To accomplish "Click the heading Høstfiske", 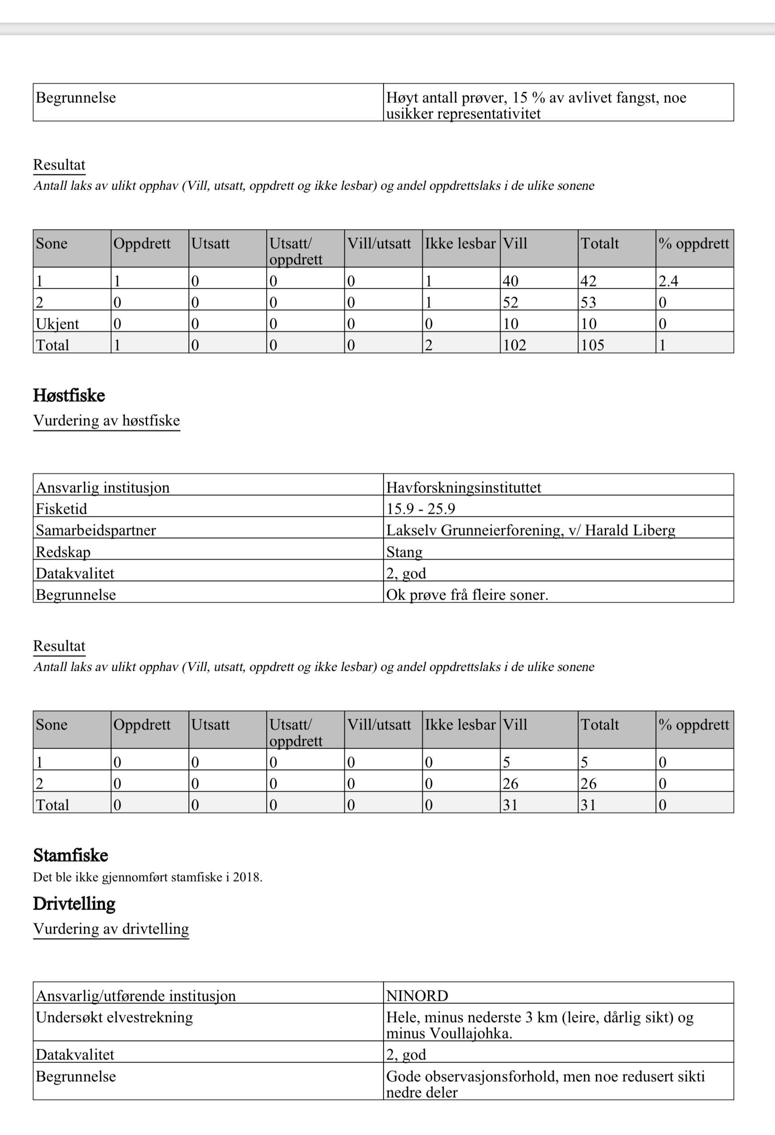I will (x=69, y=395).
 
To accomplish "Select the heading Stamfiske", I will (x=70, y=855).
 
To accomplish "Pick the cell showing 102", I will (x=515, y=345).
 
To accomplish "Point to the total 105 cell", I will (x=592, y=345).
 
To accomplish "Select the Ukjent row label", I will (x=57, y=323).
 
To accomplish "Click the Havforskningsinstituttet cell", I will (x=463, y=487).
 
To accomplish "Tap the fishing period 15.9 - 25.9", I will (x=421, y=509).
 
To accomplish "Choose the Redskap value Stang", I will (x=404, y=552).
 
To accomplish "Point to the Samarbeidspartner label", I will (x=96, y=531).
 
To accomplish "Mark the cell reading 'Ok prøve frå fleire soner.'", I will (x=467, y=595).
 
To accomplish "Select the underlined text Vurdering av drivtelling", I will (x=111, y=929).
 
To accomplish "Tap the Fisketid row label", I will (x=61, y=509).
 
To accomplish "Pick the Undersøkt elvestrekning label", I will (x=114, y=1017).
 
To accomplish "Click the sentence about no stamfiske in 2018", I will (x=148, y=877).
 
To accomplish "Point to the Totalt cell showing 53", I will (x=588, y=302).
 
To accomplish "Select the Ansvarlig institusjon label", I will (x=103, y=487).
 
